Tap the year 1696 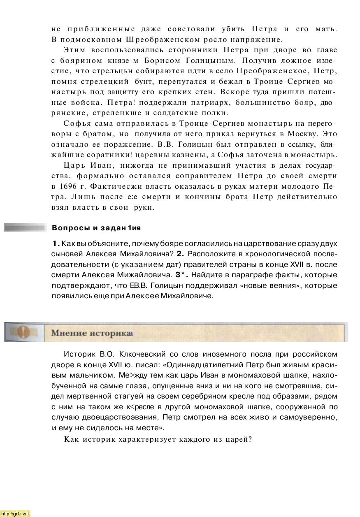[68, 186]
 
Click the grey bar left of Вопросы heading [25, 227]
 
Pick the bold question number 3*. [181, 275]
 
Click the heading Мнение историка [91, 333]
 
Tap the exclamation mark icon [23, 332]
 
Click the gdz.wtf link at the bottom [16, 513]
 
